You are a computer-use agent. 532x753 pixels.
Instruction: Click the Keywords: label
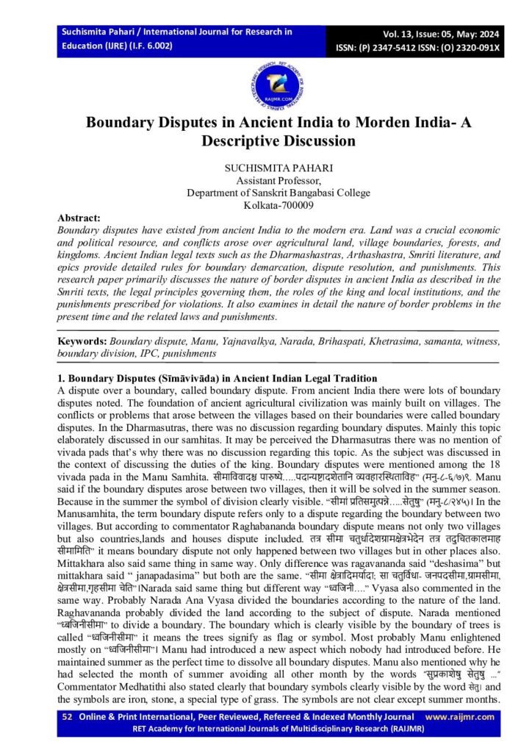pos(82,342)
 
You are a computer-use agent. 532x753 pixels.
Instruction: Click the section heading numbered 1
pos(218,378)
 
